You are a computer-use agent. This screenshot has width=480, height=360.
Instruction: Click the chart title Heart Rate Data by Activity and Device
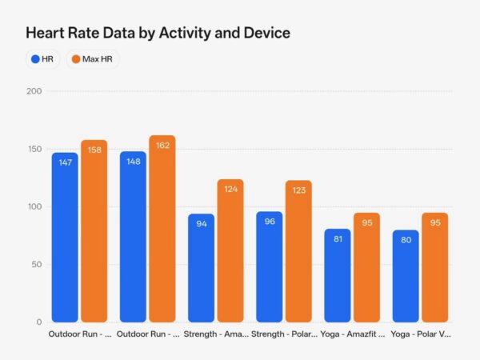click(x=158, y=33)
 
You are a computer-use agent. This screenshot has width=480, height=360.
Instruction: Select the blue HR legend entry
click(x=42, y=59)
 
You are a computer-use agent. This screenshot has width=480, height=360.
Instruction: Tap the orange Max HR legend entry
click(x=92, y=59)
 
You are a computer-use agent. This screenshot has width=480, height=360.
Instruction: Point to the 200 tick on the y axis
click(x=34, y=91)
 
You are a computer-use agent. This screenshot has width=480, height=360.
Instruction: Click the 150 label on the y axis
click(x=34, y=149)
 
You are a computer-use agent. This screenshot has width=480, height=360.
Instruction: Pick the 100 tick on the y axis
click(x=34, y=206)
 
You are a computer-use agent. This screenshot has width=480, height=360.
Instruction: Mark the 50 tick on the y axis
click(x=36, y=264)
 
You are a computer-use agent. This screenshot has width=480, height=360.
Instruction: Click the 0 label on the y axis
click(x=38, y=322)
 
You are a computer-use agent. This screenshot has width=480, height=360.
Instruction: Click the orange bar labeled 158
click(x=94, y=231)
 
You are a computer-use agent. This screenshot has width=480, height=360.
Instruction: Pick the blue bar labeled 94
click(x=201, y=268)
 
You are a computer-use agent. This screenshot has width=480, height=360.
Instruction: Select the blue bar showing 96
click(x=269, y=266)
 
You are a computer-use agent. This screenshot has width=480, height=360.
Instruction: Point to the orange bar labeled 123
click(x=298, y=251)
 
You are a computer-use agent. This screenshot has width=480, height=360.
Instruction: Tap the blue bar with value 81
click(x=337, y=275)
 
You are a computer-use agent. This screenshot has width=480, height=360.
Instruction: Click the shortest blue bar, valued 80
click(x=405, y=276)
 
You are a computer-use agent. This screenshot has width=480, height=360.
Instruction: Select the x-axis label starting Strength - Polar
click(x=284, y=334)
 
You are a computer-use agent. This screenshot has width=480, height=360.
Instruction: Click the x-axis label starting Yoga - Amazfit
click(x=352, y=334)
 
